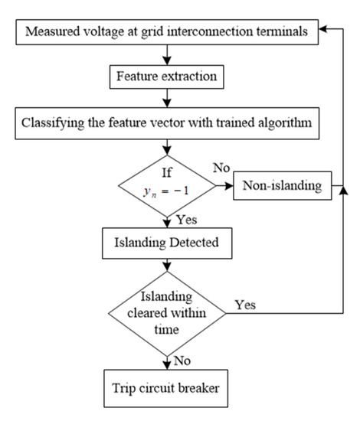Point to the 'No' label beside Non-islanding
point(221,166)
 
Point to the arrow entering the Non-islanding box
point(225,186)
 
